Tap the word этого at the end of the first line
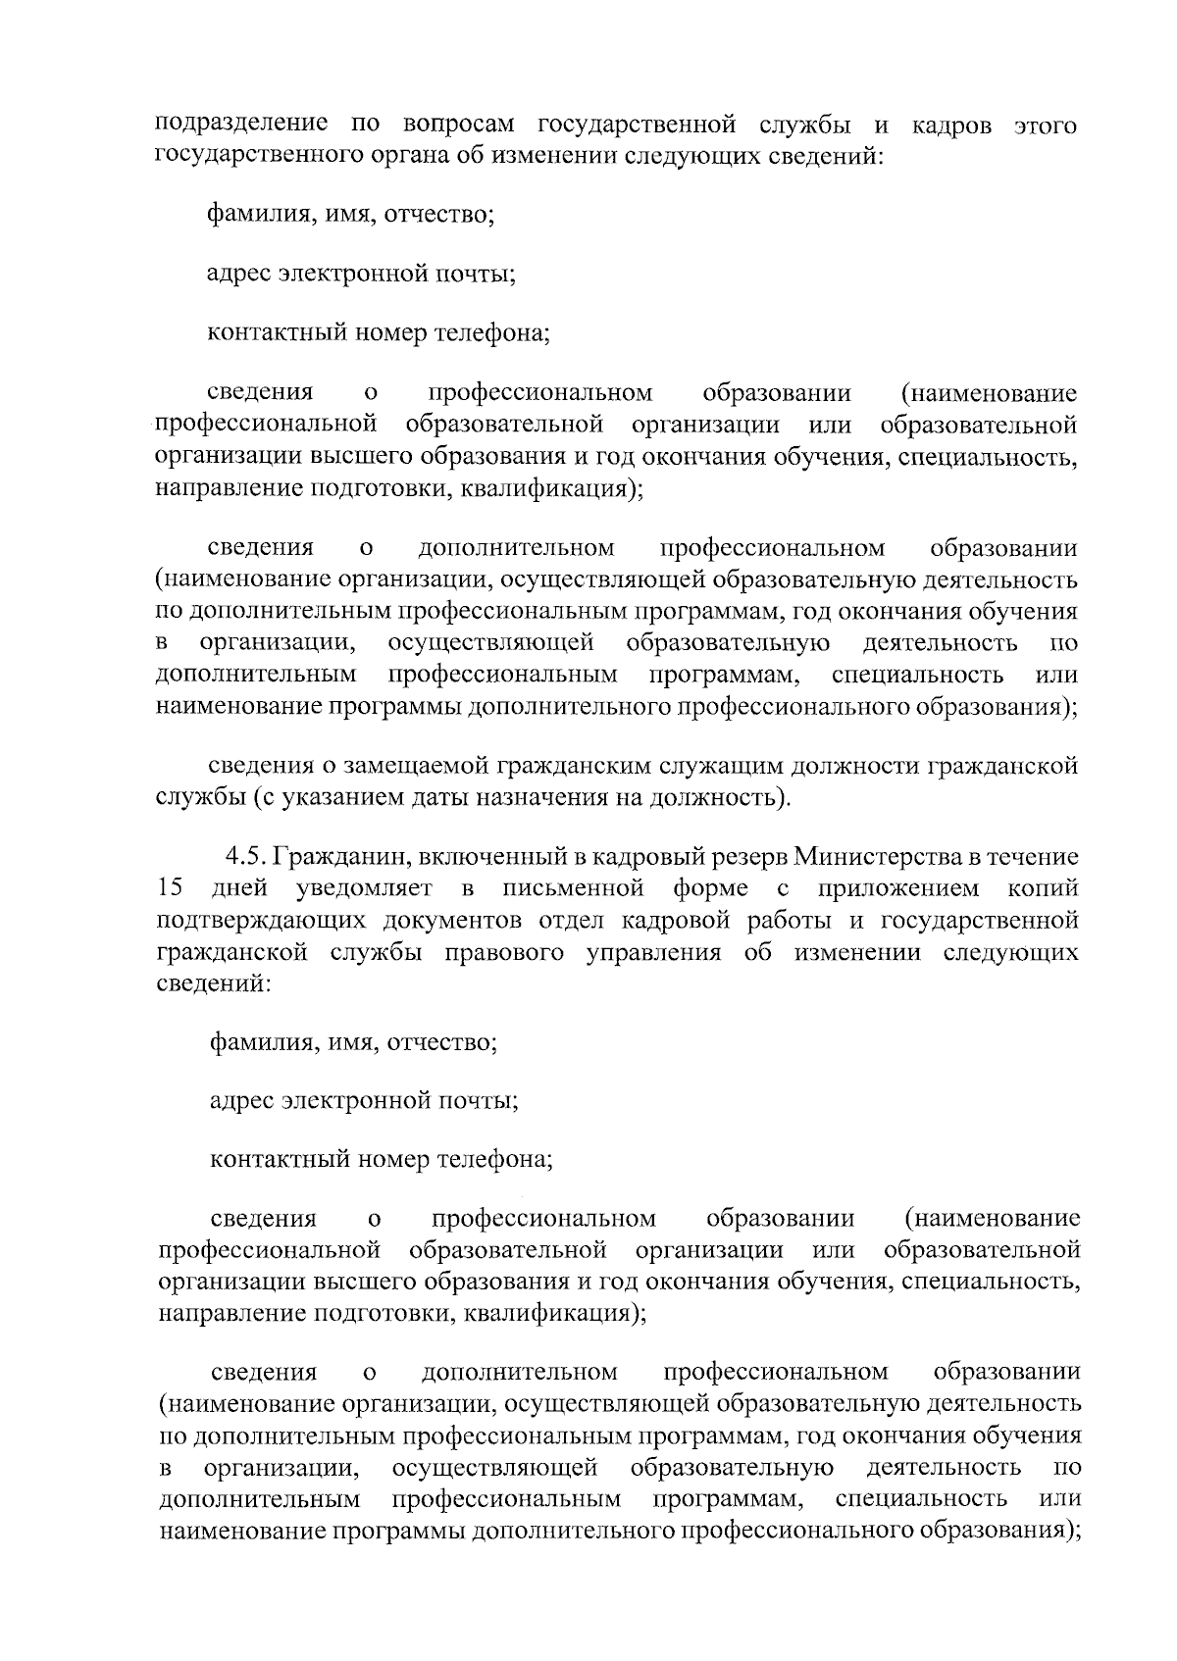point(1044,126)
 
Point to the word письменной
point(573,889)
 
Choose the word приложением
point(895,889)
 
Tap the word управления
point(653,953)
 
